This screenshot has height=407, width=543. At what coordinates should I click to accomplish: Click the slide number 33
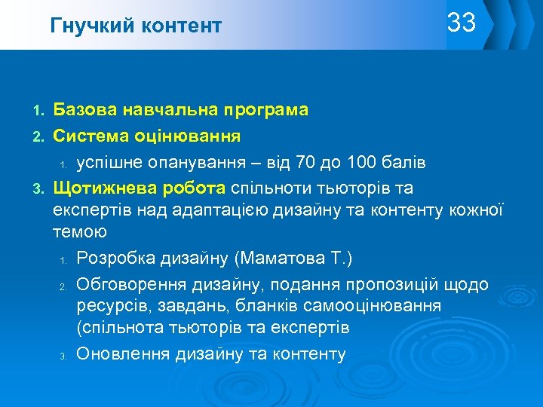click(x=462, y=23)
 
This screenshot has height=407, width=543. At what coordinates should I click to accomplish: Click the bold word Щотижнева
click(x=106, y=188)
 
